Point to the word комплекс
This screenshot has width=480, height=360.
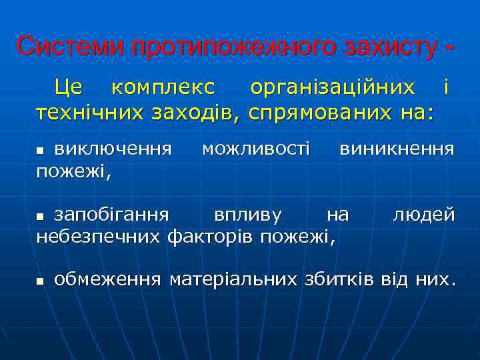pos(163,87)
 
